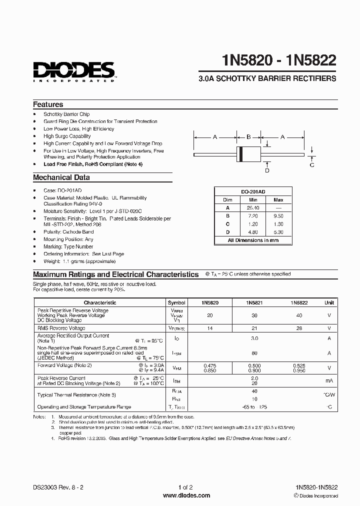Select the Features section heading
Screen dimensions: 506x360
(x=48, y=104)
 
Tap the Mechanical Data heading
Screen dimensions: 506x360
(x=61, y=177)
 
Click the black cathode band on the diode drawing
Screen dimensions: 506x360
(x=241, y=154)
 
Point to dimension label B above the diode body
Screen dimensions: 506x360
(x=248, y=136)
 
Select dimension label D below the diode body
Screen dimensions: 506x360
(x=267, y=170)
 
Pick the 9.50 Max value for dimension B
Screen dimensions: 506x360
(x=278, y=215)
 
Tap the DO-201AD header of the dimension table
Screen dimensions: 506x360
(x=252, y=192)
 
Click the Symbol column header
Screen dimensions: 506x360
(x=176, y=302)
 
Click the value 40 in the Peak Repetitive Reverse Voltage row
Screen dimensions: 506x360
(x=299, y=315)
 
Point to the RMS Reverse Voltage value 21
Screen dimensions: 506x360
(x=254, y=328)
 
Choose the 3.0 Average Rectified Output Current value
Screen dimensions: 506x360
(x=254, y=338)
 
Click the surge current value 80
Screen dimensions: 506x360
(x=254, y=353)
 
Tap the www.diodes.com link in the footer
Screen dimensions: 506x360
(x=180, y=495)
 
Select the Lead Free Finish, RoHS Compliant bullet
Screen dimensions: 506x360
(x=93, y=164)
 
